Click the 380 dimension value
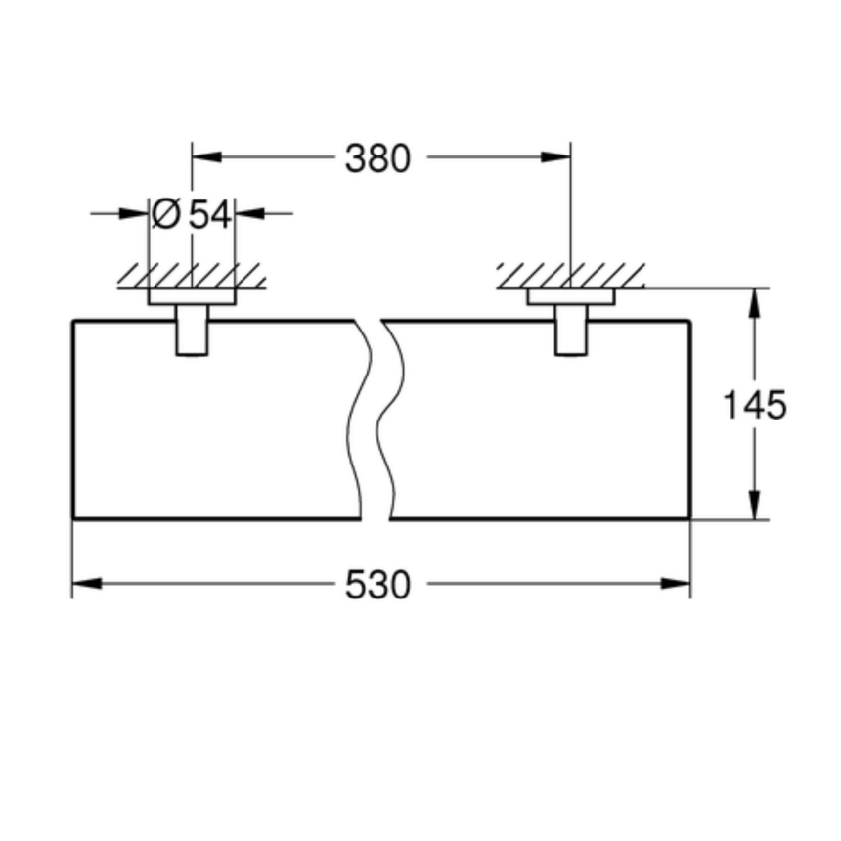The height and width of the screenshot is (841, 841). (377, 156)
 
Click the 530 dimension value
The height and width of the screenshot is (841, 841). (377, 585)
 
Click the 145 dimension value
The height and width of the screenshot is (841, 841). (754, 404)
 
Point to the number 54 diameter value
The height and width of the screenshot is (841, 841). (210, 212)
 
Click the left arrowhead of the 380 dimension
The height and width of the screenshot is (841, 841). (204, 156)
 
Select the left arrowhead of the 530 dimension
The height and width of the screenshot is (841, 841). (86, 585)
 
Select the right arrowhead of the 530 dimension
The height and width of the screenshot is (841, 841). (677, 585)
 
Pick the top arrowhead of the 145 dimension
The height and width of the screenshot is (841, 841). (754, 302)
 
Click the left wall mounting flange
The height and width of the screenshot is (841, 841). (192, 296)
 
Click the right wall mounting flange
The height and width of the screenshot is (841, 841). (570, 296)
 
